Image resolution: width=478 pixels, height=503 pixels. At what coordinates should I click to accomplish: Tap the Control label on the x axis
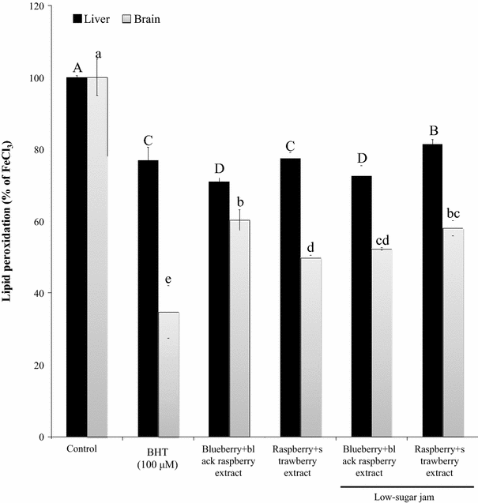click(82, 449)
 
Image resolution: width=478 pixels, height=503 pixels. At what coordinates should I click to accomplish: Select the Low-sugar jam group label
click(408, 495)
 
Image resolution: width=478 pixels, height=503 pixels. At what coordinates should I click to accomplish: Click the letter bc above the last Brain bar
click(453, 214)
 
